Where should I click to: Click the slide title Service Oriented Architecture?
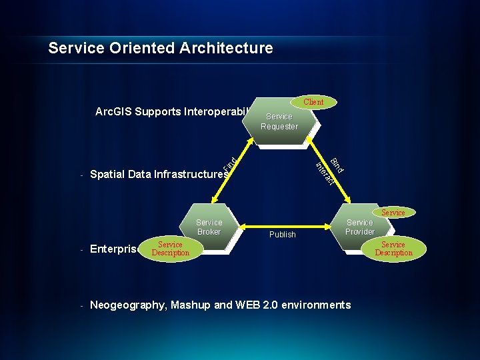pos(161,48)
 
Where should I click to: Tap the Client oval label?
pos(313,102)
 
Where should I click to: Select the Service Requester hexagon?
pos(279,121)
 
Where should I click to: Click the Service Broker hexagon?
pos(209,227)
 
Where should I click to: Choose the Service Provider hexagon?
pos(359,227)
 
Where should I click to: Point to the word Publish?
pos(282,235)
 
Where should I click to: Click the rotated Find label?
pos(228,163)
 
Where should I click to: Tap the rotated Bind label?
pos(337,164)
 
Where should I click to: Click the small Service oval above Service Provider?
pos(393,213)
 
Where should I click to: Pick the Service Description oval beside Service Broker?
pos(170,249)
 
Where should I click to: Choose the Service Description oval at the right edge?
pos(393,249)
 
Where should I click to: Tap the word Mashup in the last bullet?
pos(192,305)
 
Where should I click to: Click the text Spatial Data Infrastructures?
pos(159,175)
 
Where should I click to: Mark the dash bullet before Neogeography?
pos(81,306)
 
